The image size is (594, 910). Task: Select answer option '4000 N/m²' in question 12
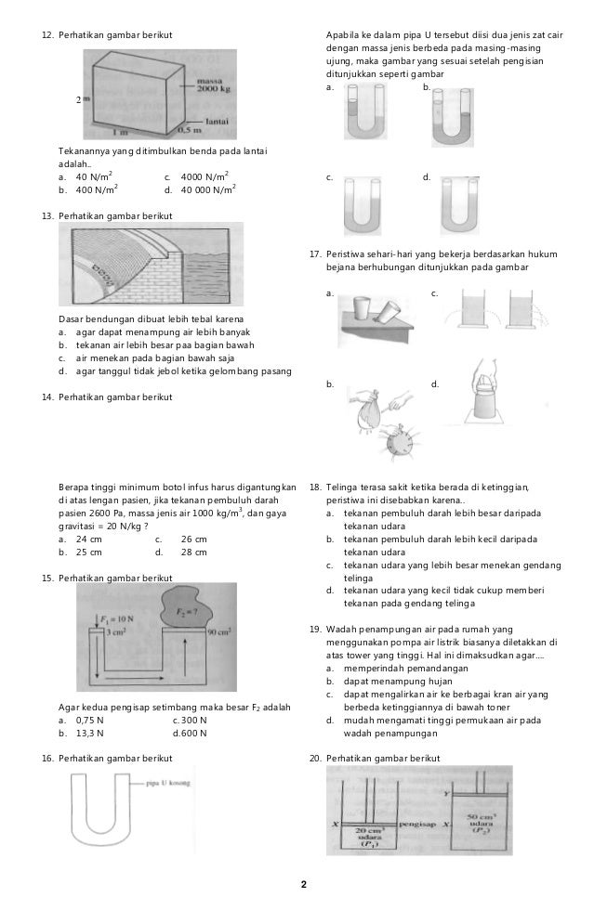[196, 176]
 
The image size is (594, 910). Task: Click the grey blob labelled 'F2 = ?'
[189, 609]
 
